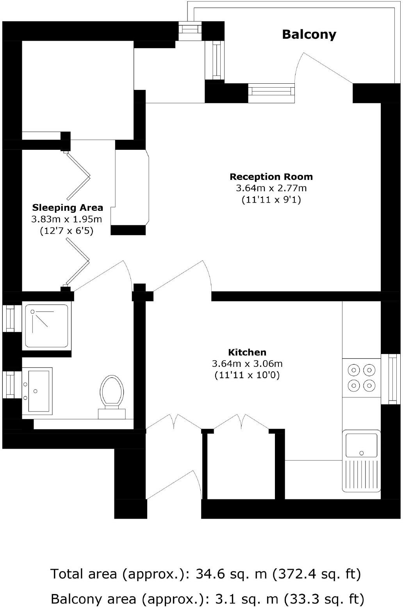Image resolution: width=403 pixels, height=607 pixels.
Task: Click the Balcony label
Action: (309, 34)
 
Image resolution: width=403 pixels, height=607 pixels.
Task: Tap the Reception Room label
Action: (271, 177)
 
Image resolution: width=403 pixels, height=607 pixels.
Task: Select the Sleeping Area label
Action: (68, 208)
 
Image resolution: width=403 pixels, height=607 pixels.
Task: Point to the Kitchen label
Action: (247, 352)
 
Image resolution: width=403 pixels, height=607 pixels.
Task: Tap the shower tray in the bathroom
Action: (46, 326)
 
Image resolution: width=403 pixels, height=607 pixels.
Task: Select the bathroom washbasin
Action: (37, 391)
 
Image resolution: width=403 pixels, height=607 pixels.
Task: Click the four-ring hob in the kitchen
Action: (361, 378)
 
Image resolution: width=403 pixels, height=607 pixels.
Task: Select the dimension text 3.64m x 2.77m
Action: (271, 188)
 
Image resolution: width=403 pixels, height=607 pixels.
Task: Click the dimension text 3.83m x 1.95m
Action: (66, 219)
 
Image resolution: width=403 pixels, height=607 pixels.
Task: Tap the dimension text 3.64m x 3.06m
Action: (247, 363)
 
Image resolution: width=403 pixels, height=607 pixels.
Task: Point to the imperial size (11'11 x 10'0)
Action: (247, 375)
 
